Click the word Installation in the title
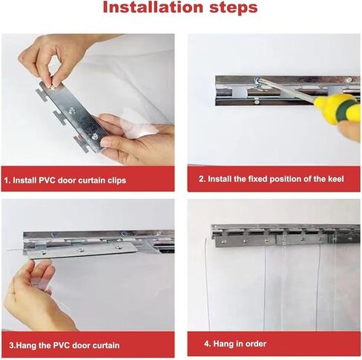click(153, 7)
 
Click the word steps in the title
click(234, 8)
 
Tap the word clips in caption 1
click(116, 180)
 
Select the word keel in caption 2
click(336, 179)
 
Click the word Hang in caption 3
click(27, 345)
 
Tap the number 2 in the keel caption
click(202, 179)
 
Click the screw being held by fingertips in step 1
click(53, 87)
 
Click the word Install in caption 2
click(220, 179)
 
